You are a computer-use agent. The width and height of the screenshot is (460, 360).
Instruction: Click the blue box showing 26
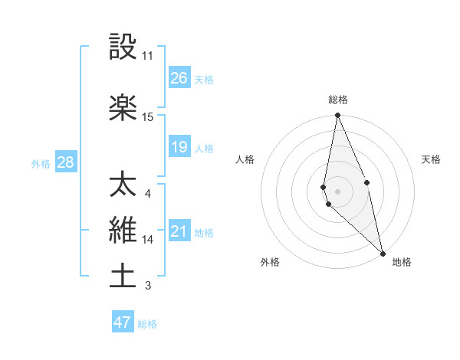coord(179,78)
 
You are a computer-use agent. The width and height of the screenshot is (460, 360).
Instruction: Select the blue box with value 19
coord(179,147)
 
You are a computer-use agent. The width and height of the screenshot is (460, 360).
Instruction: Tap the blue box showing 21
coord(179,231)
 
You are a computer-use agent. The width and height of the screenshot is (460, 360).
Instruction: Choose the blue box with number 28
coord(65,162)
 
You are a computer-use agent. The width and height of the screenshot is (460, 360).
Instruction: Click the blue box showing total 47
coord(123,322)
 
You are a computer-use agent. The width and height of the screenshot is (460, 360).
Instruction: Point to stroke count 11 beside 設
coord(148,56)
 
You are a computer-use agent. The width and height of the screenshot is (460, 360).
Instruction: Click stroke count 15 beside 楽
coord(148,116)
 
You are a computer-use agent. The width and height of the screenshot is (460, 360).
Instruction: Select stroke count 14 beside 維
coord(148,240)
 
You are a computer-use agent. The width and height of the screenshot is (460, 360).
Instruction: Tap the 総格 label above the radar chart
coord(338,100)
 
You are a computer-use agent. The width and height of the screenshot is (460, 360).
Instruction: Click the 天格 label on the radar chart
coord(432,159)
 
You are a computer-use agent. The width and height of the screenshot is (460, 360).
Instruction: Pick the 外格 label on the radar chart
coord(270,262)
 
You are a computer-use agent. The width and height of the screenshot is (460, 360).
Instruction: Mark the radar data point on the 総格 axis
coord(337,116)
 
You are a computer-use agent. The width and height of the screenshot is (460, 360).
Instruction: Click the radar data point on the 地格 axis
coord(383,252)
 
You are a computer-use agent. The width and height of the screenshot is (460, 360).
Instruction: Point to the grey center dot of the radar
coord(337,190)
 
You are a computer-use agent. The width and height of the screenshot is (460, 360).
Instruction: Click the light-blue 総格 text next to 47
coord(148,324)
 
